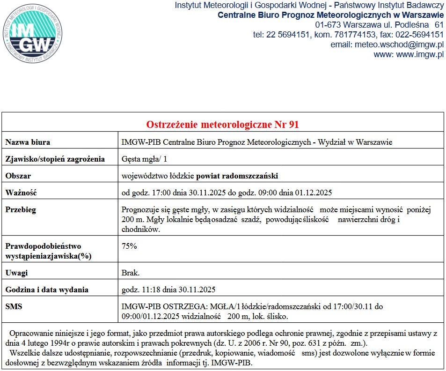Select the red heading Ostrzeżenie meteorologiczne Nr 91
coord(223,125)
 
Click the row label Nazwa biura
coord(28,142)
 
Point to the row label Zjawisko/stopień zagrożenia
coord(55,159)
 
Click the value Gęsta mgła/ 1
coord(144,159)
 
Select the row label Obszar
coord(18,176)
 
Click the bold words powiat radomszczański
coord(237,176)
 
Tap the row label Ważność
coord(21,193)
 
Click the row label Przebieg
coord(21,210)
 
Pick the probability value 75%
coord(129,246)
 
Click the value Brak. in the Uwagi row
coord(130,273)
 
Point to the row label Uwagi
coord(16,273)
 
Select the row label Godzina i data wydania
coord(47,289)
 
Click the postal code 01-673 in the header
coord(328,24)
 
